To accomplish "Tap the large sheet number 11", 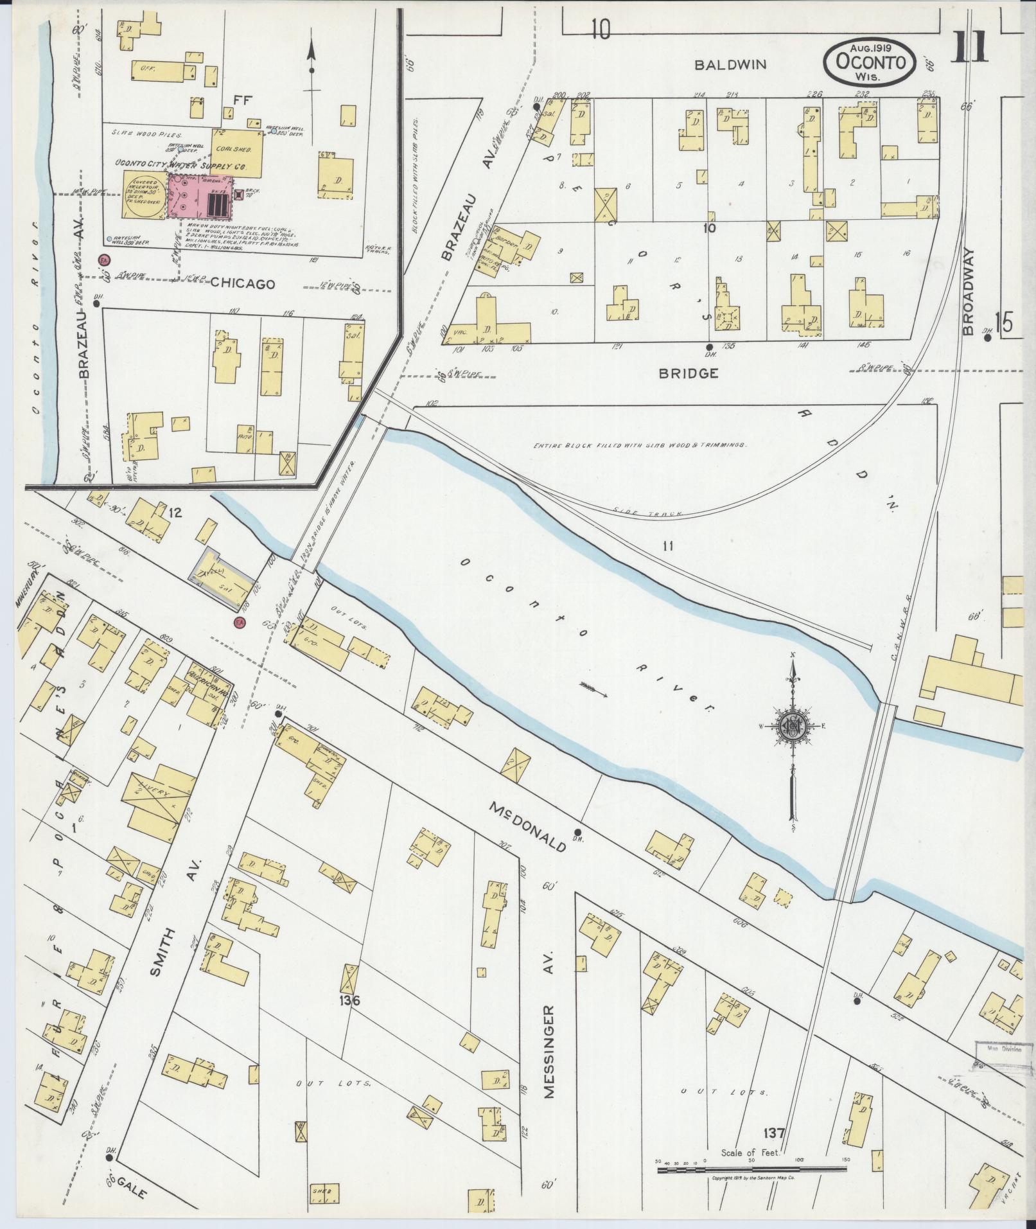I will coord(969,48).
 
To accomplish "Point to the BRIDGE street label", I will coord(689,373).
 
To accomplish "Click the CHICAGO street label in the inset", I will coord(243,283).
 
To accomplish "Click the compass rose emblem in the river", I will coord(792,725).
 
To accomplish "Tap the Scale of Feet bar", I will coord(751,1169).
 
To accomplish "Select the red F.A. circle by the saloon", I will coord(240,623).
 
